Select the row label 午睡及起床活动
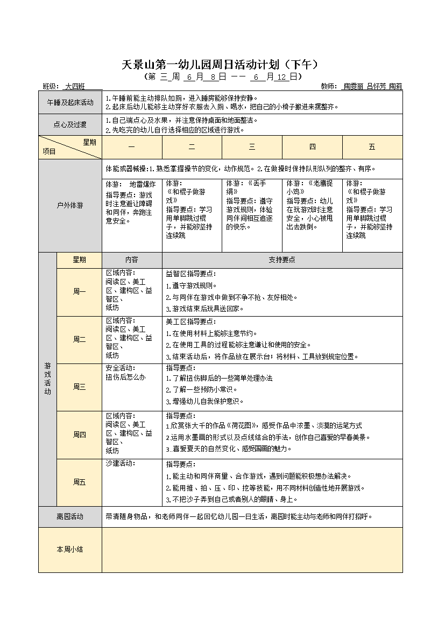pyautogui.click(x=70, y=102)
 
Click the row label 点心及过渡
pyautogui.click(x=70, y=125)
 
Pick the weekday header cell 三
pyautogui.click(x=252, y=147)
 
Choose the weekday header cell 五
pyautogui.click(x=372, y=147)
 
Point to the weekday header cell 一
pyautogui.click(x=132, y=147)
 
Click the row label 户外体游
pyautogui.click(x=70, y=205)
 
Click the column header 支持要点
pyautogui.click(x=282, y=260)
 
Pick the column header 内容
pyautogui.click(x=132, y=260)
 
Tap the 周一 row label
pyautogui.click(x=79, y=291)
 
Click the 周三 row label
pyautogui.click(x=79, y=387)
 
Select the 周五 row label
pyautogui.click(x=79, y=482)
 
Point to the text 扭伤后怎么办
pyautogui.click(x=125, y=377)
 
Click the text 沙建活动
pyautogui.click(x=120, y=463)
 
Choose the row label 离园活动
pyautogui.click(x=70, y=516)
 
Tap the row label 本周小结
pyautogui.click(x=70, y=549)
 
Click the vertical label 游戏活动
pyautogui.click(x=47, y=379)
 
